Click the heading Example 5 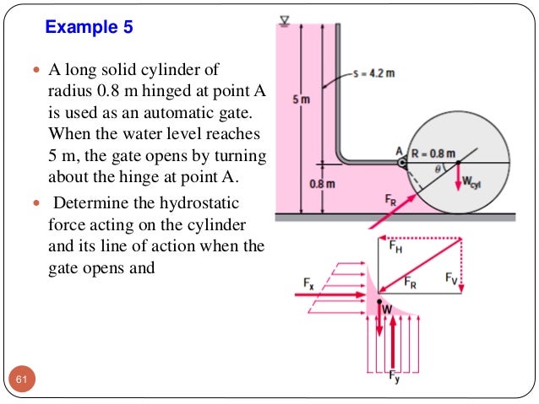[x=89, y=27]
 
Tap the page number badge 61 [x=21, y=383]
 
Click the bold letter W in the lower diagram [x=388, y=310]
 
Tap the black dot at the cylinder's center [x=458, y=161]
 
